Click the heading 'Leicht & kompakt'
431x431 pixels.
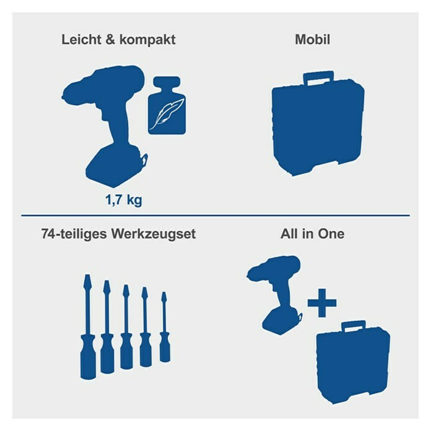(119, 40)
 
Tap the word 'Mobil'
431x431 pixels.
(312, 40)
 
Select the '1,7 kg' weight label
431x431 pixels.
(124, 200)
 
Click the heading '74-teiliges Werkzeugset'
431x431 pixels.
(119, 234)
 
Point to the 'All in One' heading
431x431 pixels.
(312, 234)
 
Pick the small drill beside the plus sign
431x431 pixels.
(277, 291)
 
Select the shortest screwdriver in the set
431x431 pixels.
(164, 330)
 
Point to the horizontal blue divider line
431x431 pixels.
(215, 215)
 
